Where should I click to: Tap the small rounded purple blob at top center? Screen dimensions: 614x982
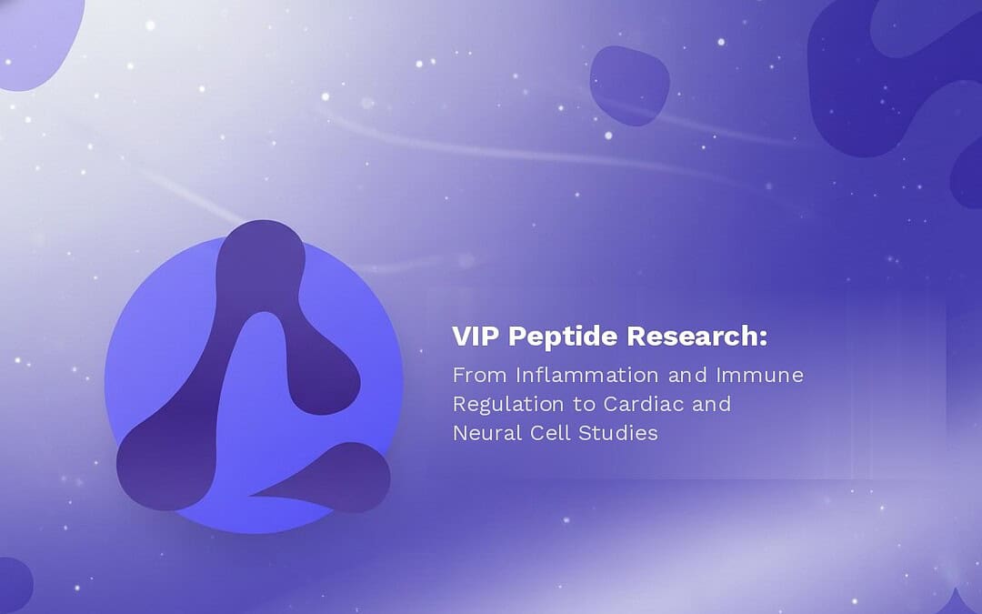pos(629,85)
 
